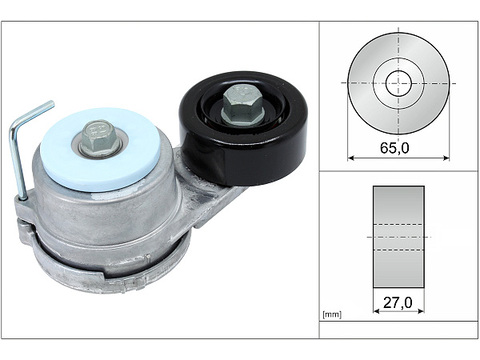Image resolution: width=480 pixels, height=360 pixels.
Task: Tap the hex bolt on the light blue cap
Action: pyautogui.click(x=99, y=137)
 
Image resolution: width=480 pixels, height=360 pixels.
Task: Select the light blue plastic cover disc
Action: pyautogui.click(x=100, y=150)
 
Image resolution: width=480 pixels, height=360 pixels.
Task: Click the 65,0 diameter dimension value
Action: pyautogui.click(x=395, y=147)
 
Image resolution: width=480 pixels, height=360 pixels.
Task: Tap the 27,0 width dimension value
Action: pyautogui.click(x=398, y=302)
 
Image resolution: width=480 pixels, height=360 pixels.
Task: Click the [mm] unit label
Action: pyautogui.click(x=332, y=314)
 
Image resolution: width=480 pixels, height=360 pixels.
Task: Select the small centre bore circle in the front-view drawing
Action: pyautogui.click(x=398, y=83)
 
